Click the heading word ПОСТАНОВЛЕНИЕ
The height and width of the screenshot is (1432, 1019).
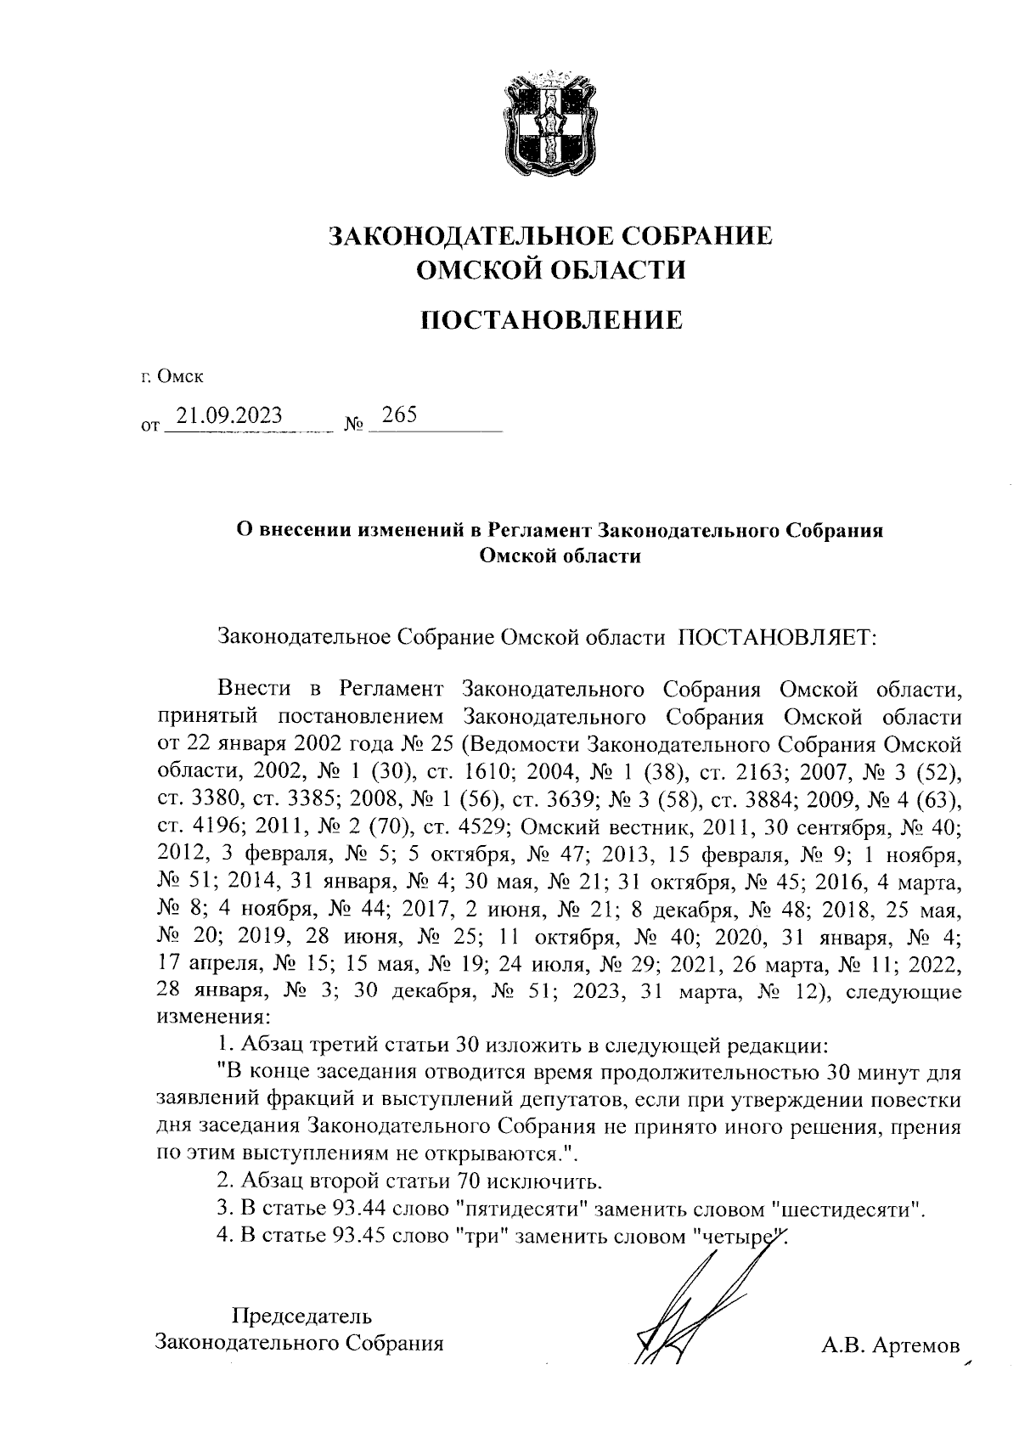(x=551, y=320)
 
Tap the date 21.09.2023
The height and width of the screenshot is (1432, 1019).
(x=225, y=415)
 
